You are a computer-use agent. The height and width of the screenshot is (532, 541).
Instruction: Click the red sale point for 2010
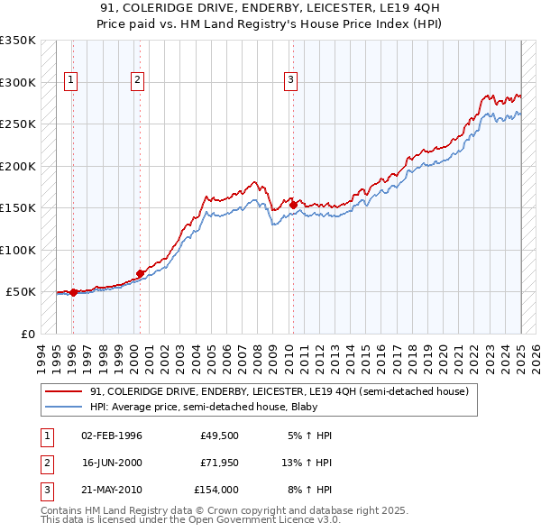tap(293, 205)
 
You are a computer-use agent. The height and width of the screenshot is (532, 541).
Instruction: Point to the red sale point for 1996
tap(73, 292)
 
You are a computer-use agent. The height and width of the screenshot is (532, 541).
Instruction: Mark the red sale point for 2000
tap(140, 273)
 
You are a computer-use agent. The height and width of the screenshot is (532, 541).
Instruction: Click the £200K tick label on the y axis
tap(18, 166)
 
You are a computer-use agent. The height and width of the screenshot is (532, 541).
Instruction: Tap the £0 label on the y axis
tap(26, 334)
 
